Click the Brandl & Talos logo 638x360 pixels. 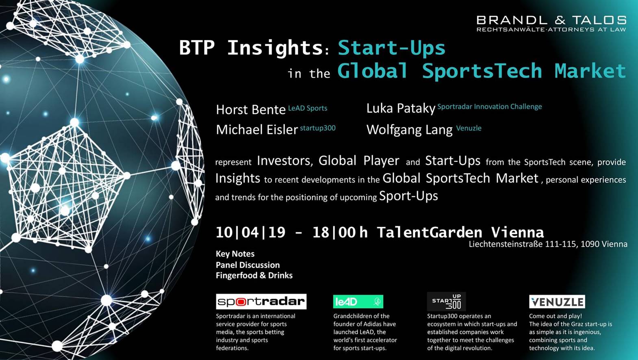(x=551, y=24)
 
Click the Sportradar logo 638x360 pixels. (x=261, y=301)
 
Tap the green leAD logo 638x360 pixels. (x=358, y=301)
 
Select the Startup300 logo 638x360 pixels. (x=446, y=301)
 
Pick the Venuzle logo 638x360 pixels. (x=557, y=301)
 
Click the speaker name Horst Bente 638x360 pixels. (x=251, y=110)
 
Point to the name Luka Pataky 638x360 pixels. (x=401, y=108)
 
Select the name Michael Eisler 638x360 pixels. (x=257, y=130)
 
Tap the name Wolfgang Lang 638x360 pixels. (x=409, y=130)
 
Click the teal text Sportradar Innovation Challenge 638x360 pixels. (x=490, y=106)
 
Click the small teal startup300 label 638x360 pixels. (x=317, y=128)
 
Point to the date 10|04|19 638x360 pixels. (x=250, y=232)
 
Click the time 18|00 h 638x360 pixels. (x=340, y=232)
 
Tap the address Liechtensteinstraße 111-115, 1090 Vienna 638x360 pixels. (x=548, y=244)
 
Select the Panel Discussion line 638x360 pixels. (x=248, y=265)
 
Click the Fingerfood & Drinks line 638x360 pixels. (x=254, y=275)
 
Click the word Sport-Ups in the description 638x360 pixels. (x=408, y=196)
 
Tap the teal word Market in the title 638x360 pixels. (x=590, y=71)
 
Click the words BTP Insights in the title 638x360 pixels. (x=251, y=48)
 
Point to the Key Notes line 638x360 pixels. (x=235, y=254)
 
